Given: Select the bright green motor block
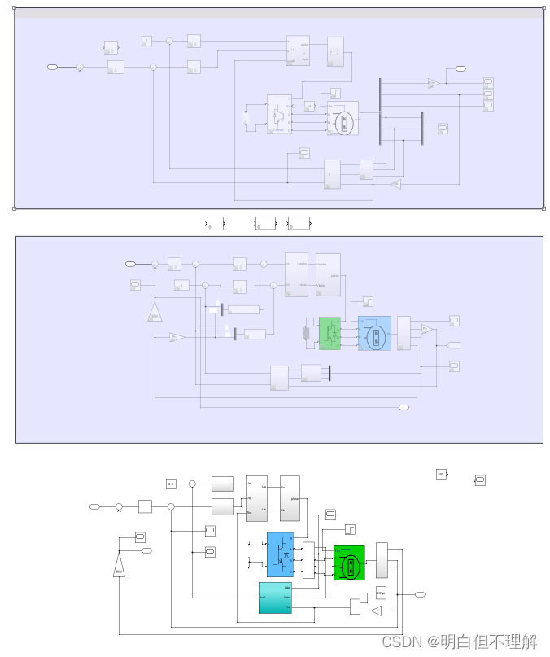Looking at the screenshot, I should (349, 563).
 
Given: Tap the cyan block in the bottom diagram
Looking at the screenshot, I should (275, 598).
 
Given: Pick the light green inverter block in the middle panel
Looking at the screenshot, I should (330, 333).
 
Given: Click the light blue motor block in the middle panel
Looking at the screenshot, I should (374, 333).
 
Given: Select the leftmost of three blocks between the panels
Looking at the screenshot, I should (215, 222).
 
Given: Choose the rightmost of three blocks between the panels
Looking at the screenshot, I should (299, 222).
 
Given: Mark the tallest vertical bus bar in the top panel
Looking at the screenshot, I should (380, 111).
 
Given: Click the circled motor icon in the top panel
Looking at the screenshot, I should (343, 124).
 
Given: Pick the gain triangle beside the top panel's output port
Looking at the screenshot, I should (434, 83).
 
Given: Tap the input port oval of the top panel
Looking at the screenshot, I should (53, 67).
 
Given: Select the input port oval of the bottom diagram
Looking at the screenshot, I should (94, 506).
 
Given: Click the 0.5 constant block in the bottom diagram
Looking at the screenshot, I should (171, 484).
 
